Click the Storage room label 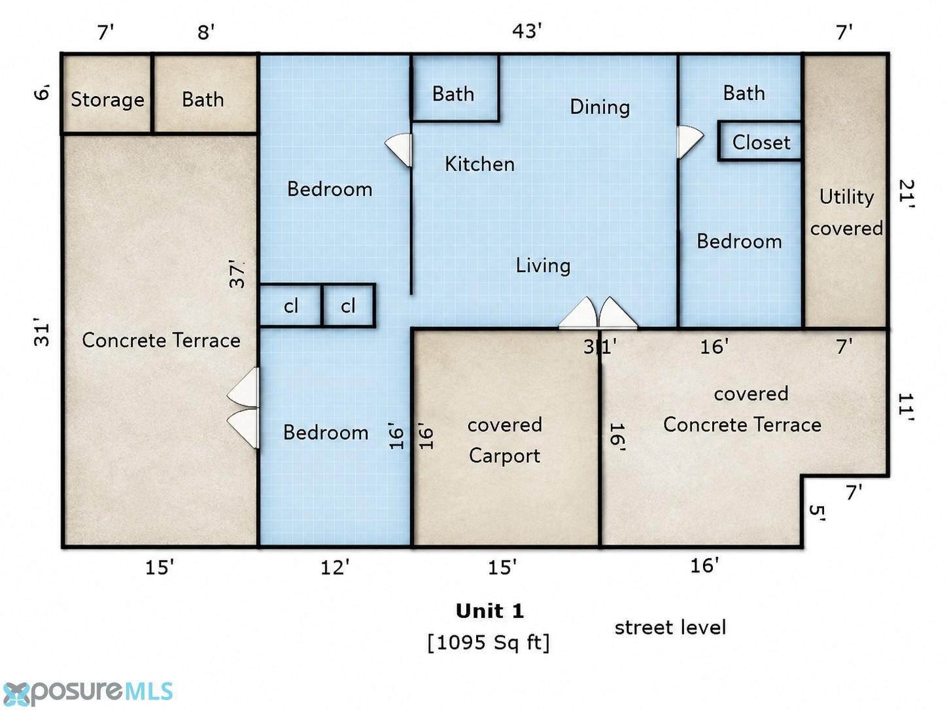[107, 100]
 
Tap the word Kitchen [480, 164]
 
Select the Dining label [600, 107]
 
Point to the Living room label [543, 265]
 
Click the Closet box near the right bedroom [760, 142]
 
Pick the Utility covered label [846, 212]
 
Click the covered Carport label [505, 441]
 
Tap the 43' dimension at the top [527, 31]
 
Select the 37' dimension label [237, 273]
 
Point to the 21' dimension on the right [906, 194]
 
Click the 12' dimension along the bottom [335, 567]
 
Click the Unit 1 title [490, 611]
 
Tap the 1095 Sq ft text [489, 643]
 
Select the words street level [670, 628]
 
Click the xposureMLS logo [87, 692]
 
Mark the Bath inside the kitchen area [453, 94]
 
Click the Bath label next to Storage [203, 99]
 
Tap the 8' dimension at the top [206, 32]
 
